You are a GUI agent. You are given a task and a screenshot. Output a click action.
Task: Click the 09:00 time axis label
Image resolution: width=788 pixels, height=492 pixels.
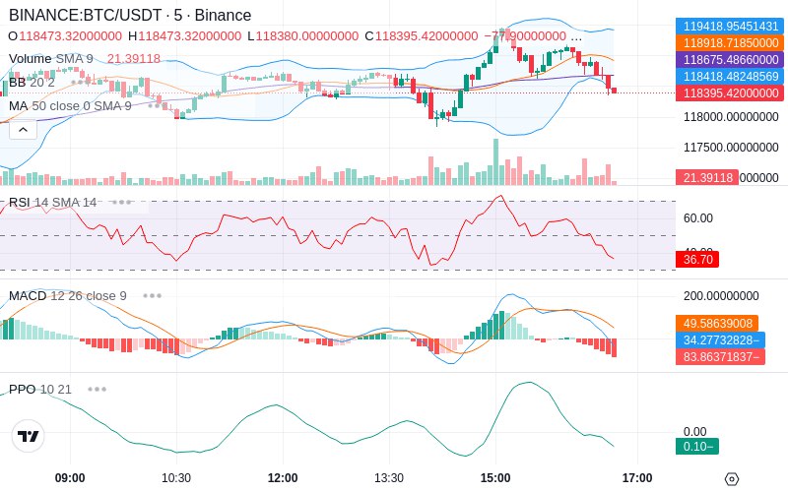tap(70, 478)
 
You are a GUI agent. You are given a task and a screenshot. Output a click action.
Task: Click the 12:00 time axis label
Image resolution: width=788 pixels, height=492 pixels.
tap(283, 478)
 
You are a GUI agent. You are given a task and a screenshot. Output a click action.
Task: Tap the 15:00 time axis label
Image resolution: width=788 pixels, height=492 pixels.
tap(495, 478)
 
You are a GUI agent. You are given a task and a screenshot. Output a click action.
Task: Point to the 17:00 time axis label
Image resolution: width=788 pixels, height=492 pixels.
tap(637, 478)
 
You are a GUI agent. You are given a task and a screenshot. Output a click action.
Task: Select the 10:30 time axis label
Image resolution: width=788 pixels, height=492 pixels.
tap(176, 478)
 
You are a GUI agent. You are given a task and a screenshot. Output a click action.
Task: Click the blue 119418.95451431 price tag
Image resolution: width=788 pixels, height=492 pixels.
tap(729, 27)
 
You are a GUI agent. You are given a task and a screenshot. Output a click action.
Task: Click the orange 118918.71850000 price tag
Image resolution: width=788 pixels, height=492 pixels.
tap(729, 43)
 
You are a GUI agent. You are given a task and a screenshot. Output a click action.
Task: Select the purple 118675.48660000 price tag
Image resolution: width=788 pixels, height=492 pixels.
tap(729, 60)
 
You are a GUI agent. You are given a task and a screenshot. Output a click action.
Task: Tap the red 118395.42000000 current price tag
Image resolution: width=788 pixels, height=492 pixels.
tap(729, 93)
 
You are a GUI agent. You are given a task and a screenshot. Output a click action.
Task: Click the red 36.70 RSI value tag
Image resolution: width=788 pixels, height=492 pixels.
tap(696, 260)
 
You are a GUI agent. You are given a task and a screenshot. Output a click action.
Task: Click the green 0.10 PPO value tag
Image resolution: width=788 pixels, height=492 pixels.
tap(696, 447)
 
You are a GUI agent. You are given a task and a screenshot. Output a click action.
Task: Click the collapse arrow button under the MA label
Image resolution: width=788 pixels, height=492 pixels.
tap(23, 129)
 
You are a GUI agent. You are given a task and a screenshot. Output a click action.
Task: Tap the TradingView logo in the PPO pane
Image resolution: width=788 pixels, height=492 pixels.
tap(29, 436)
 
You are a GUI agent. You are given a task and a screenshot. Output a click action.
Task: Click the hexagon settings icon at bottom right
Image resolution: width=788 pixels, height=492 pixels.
tap(732, 479)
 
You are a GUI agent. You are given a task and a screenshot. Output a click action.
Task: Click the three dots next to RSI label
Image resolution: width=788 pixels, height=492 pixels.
tap(121, 202)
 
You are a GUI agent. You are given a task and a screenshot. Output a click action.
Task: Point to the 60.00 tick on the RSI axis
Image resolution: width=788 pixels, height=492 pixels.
tap(698, 218)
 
